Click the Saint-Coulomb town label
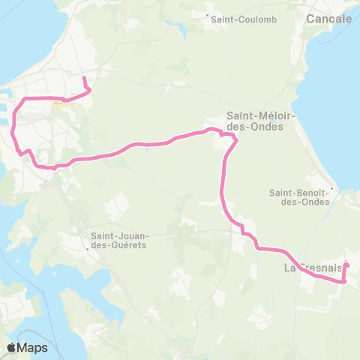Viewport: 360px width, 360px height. pos(235,19)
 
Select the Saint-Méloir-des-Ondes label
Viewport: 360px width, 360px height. pos(254,121)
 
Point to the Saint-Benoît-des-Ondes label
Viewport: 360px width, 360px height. pos(298,197)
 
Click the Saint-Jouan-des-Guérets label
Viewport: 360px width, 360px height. pos(120,239)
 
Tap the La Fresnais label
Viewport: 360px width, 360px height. pos(313,268)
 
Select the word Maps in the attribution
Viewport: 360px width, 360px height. pos(33,347)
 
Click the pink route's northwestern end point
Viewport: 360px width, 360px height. pos(84,78)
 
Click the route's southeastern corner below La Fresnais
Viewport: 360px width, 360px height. pos(344,283)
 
